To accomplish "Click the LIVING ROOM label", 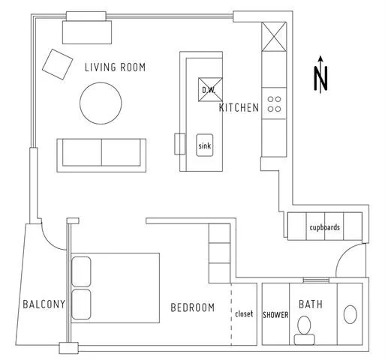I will coord(115,67).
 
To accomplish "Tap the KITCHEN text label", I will coord(239,108).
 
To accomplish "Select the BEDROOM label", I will coord(192,307).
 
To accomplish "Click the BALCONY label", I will coord(44,304).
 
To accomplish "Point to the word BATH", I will coord(311,304).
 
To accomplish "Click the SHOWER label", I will coord(275,315).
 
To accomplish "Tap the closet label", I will coord(245,314).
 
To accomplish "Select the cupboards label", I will coord(325,227).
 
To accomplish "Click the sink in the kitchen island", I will coord(204,145).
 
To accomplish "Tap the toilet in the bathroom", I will coord(305,328).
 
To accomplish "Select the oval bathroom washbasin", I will coord(350,313).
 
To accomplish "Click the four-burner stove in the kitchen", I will coord(274,103).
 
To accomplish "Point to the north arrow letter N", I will coord(321,76).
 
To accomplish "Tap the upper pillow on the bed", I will coord(81,271).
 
